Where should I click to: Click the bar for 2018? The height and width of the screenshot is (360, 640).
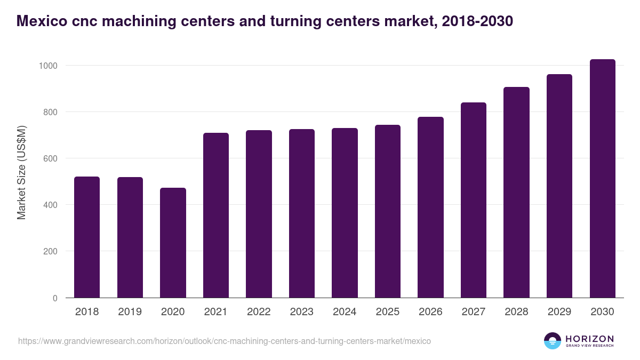pos(87,237)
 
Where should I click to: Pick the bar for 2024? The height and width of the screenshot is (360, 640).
pos(345,213)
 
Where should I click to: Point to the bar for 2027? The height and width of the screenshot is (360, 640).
pos(474,200)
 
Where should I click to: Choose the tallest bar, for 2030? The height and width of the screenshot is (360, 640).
pos(602,178)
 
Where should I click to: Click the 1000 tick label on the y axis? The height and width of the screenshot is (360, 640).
pos(48,66)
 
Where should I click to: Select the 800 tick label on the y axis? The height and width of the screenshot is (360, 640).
pos(51,112)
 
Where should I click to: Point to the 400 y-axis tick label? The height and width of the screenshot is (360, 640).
pos(51,205)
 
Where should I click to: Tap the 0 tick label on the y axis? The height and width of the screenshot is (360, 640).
pos(55,298)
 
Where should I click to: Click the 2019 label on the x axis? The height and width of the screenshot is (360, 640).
pos(130,312)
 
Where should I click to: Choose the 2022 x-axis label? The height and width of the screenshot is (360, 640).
pos(259,312)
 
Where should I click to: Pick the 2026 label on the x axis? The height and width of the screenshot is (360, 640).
pos(430,312)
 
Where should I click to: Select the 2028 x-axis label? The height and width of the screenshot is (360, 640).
pos(516,312)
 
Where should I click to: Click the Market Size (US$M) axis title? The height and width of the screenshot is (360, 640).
pos(21,172)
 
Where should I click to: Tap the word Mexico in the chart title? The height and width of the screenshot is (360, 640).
pos(42,21)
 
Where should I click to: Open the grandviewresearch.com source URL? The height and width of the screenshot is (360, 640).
pos(225,341)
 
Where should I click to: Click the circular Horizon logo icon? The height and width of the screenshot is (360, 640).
pos(553,341)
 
